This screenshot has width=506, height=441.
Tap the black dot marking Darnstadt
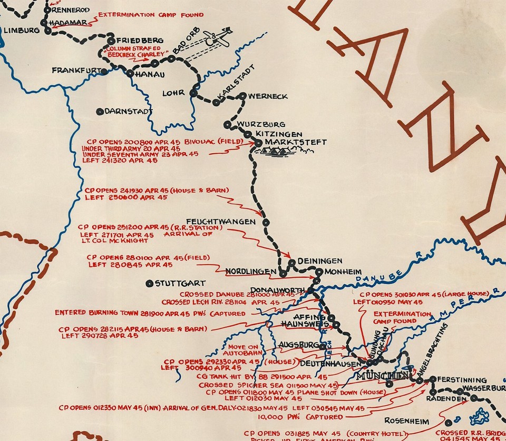pyautogui.click(x=100, y=112)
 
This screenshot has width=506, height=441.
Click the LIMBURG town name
pyautogui.click(x=22, y=31)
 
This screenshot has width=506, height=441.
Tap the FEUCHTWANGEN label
pyautogui.click(x=220, y=222)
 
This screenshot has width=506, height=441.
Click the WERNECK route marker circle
pyautogui.click(x=242, y=96)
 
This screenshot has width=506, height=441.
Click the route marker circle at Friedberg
pyautogui.click(x=111, y=41)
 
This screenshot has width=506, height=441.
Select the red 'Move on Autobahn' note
pyautogui.click(x=243, y=350)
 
